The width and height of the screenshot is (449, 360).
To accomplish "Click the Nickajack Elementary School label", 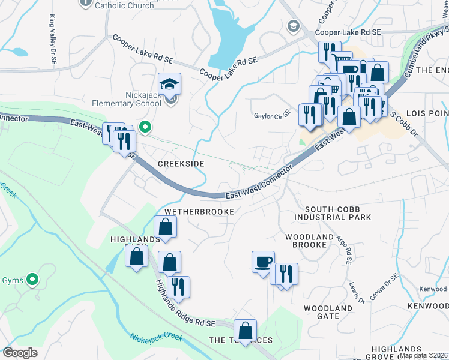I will click(x=125, y=98).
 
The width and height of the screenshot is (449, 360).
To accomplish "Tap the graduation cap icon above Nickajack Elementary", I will click(x=170, y=83).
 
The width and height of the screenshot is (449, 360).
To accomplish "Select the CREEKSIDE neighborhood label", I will click(x=181, y=164).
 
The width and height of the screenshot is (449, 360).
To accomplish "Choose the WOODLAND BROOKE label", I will click(x=309, y=241).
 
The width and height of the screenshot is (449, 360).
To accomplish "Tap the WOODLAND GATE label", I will click(x=327, y=312).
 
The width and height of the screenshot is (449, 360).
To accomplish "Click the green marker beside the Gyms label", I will click(x=33, y=279).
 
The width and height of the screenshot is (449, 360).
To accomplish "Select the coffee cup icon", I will click(x=263, y=262).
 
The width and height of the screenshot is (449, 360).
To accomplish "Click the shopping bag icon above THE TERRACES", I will click(x=246, y=330).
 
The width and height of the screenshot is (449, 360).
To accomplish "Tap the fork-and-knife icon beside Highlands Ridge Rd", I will click(x=178, y=287).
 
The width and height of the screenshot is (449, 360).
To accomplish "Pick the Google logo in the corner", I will click(x=20, y=353).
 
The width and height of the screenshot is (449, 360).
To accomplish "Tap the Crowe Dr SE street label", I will click(x=384, y=287).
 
